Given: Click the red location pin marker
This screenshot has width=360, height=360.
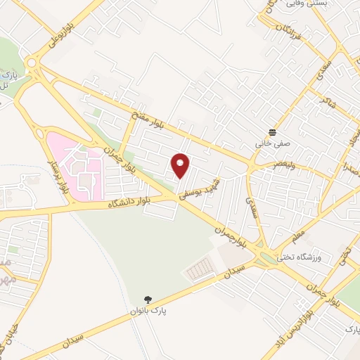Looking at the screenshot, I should point(181,165).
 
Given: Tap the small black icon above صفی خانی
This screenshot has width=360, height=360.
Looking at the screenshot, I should point(272,132).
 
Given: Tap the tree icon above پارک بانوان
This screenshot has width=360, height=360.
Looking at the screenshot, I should point(147,299).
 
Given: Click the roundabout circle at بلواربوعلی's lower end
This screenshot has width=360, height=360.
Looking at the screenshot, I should point(31,64).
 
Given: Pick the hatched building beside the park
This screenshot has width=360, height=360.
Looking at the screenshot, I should point(200,268).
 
